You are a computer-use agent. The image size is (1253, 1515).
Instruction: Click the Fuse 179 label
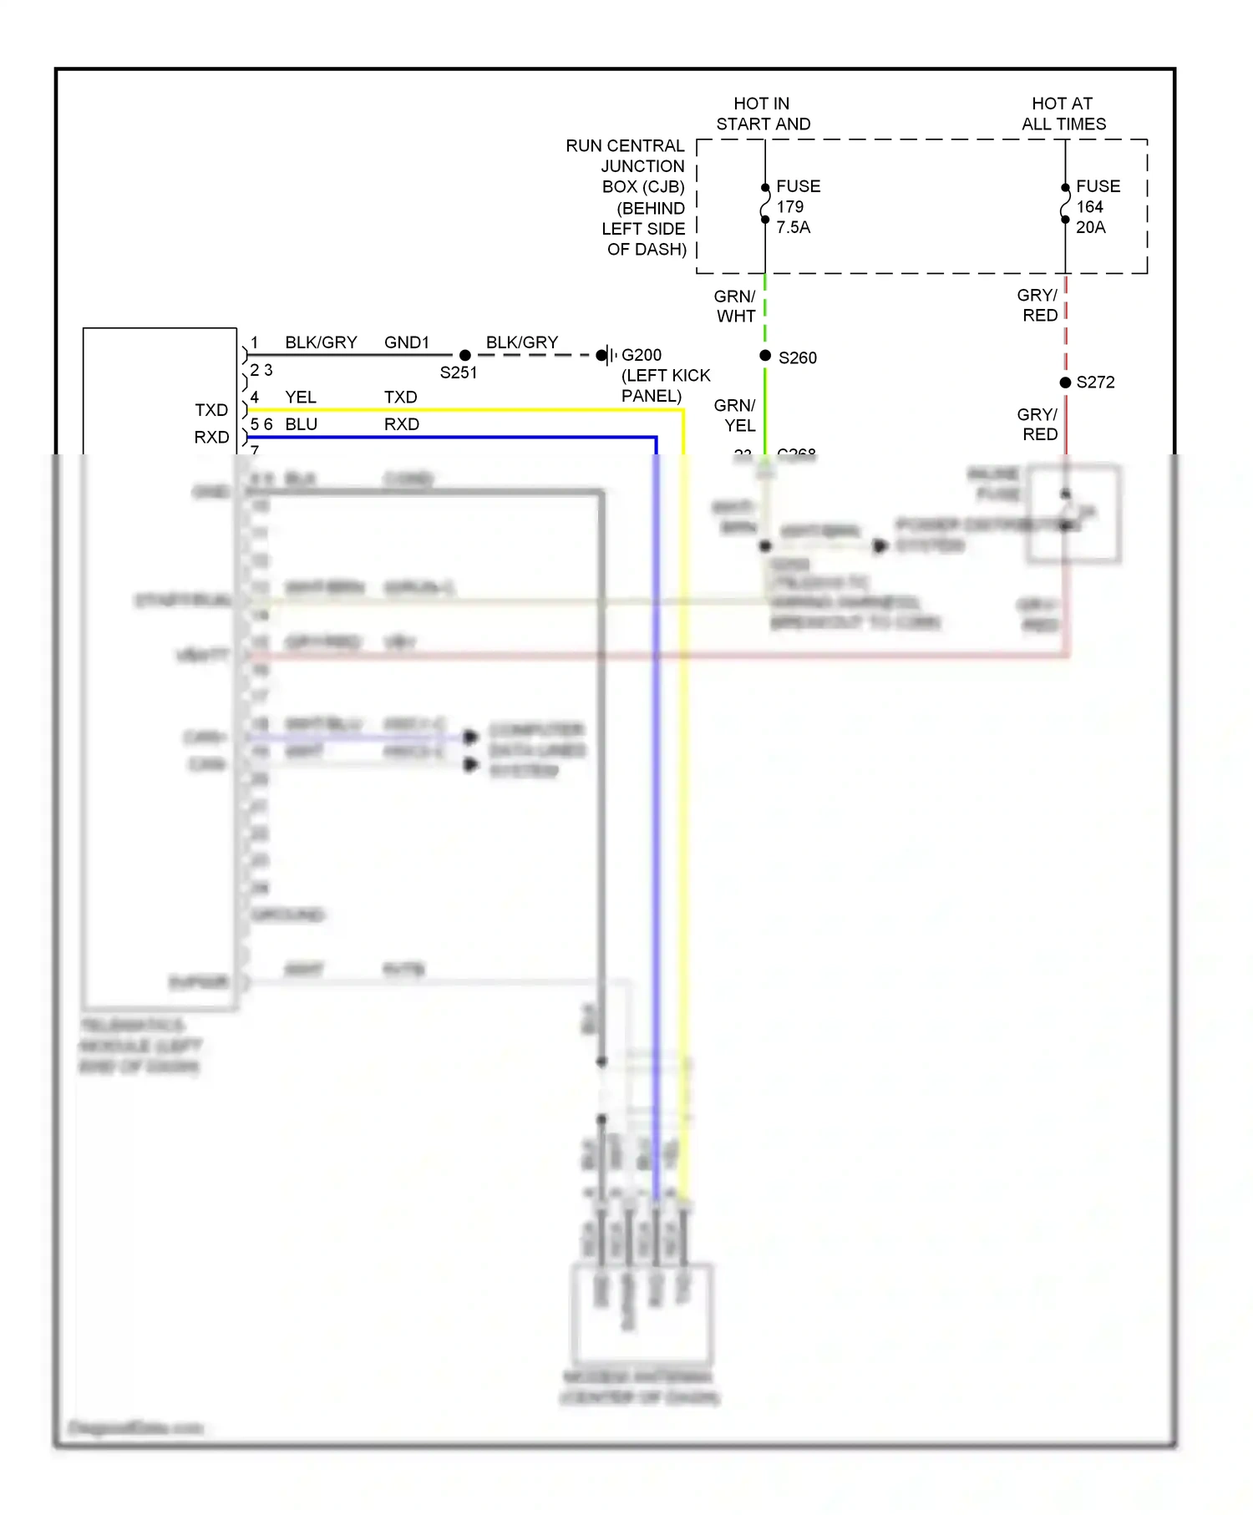tap(798, 196)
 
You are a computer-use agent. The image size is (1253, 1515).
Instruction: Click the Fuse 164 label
tap(1098, 196)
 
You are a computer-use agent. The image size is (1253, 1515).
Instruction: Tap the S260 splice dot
tap(765, 356)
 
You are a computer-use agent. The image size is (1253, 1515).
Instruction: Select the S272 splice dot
tap(1065, 383)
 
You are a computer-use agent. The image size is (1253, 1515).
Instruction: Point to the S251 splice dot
tap(465, 355)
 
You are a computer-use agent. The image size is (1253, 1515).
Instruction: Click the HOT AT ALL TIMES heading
tap(1063, 114)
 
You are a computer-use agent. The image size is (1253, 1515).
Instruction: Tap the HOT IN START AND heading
tap(763, 114)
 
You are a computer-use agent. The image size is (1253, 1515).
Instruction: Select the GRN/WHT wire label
tap(735, 307)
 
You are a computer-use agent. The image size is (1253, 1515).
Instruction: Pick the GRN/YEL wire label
tap(735, 415)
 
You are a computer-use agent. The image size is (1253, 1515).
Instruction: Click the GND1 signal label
tap(407, 342)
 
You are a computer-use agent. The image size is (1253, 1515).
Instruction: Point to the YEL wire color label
tap(301, 398)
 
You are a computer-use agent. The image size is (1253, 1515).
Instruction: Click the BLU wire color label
tap(301, 424)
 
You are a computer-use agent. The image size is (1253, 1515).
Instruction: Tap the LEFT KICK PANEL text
tap(665, 386)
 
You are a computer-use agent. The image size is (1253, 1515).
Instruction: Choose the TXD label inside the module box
tap(211, 410)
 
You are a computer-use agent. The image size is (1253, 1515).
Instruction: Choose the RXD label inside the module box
tap(211, 437)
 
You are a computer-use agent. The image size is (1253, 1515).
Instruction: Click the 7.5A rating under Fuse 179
tap(793, 227)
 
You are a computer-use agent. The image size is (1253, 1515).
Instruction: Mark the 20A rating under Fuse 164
tap(1090, 227)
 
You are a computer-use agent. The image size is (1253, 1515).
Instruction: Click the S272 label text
tap(1095, 383)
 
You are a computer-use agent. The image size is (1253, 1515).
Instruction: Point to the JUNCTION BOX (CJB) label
tap(642, 176)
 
